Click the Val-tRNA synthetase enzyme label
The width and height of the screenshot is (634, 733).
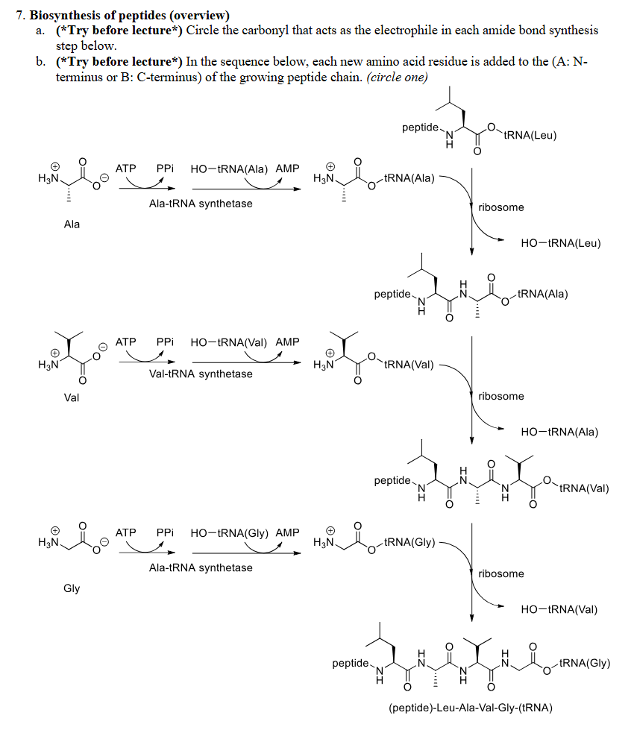[201, 374]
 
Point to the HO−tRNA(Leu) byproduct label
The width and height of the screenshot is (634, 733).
[561, 243]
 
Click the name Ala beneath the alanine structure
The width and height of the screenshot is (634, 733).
[72, 224]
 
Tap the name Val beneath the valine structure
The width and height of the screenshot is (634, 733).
[72, 397]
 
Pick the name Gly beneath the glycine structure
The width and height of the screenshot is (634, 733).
[72, 588]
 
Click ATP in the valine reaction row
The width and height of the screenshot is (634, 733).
[126, 342]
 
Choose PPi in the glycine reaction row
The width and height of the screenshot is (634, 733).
[165, 533]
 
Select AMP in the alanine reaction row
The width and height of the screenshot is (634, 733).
[287, 169]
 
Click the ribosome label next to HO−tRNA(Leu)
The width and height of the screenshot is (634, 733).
[501, 207]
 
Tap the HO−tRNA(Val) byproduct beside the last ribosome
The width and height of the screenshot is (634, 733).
[559, 609]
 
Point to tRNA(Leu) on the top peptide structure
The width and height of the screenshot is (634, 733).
[530, 135]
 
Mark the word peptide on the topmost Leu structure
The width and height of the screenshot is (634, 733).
[421, 128]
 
